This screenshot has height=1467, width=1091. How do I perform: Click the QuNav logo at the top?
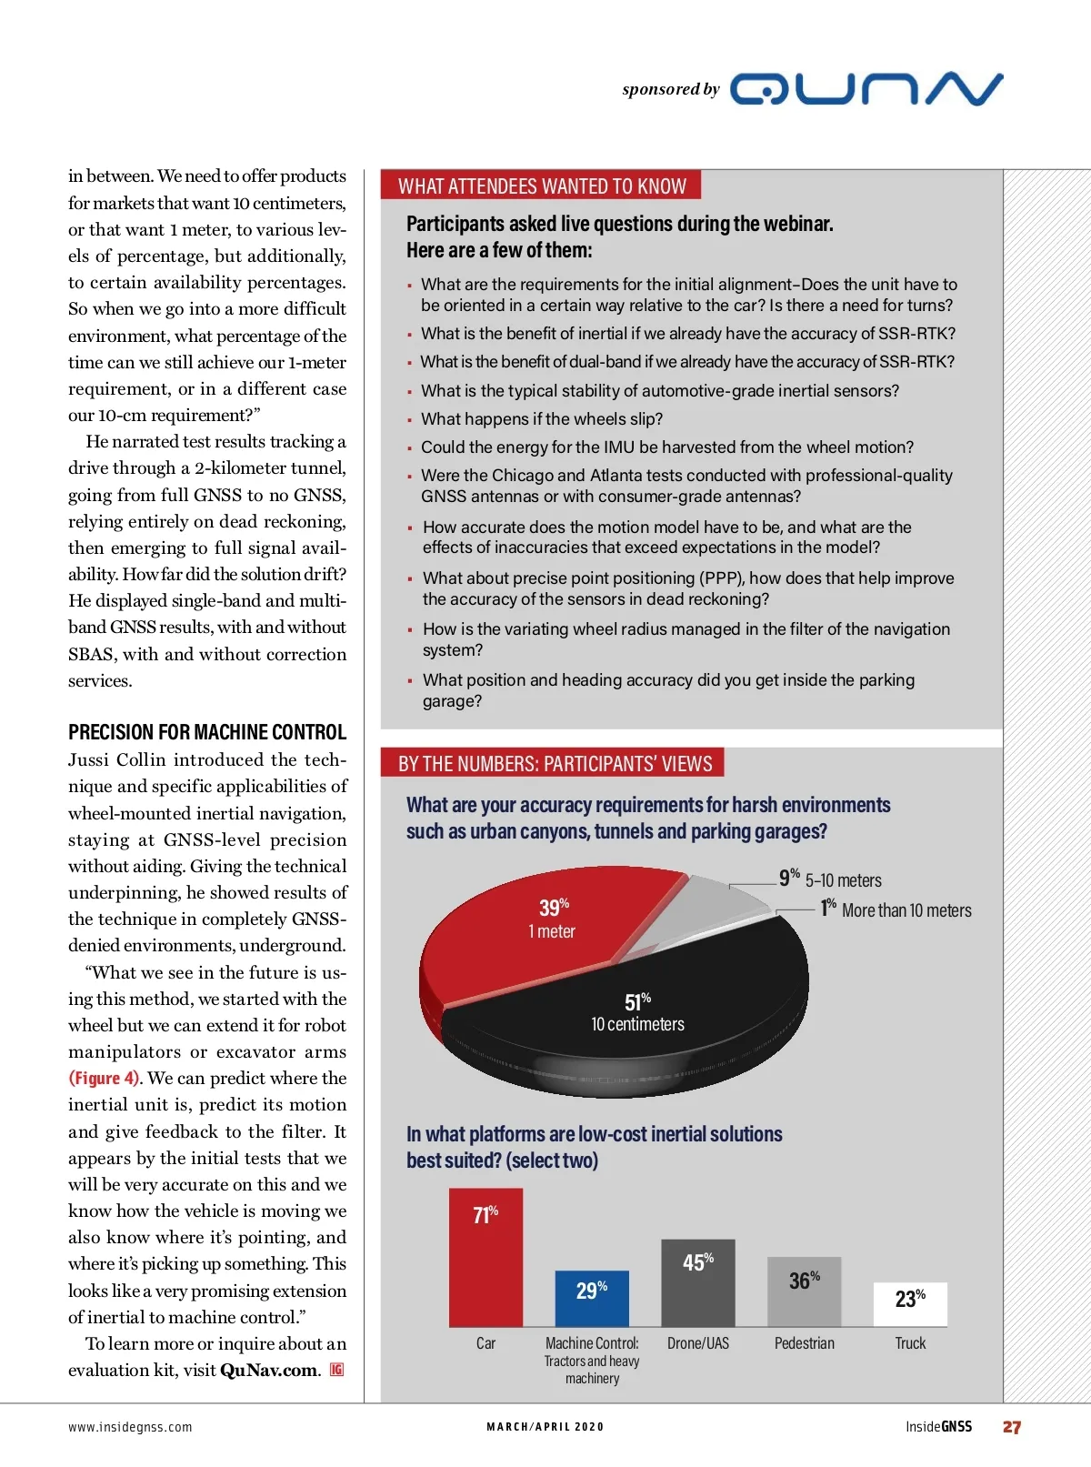point(866,89)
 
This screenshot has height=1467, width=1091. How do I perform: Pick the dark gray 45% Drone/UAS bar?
point(697,1282)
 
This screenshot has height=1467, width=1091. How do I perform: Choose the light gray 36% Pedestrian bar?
point(804,1291)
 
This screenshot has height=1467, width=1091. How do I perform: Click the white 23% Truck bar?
point(910,1304)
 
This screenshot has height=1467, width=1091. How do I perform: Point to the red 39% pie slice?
point(536,937)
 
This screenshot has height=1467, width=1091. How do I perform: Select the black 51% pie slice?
point(655,1010)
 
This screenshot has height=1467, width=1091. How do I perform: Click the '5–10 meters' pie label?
point(843,880)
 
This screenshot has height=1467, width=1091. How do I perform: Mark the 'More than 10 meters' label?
point(906,910)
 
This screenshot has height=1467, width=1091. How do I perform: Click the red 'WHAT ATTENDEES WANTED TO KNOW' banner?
point(542,186)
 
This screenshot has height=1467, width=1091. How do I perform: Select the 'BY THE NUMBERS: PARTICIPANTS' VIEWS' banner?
point(555,763)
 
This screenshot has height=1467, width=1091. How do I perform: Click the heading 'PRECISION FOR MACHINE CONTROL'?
point(207,732)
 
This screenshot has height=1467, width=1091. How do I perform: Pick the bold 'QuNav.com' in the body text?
point(269,1370)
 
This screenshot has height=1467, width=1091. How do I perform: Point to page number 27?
point(1012,1427)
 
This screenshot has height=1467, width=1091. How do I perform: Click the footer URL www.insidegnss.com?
point(130,1427)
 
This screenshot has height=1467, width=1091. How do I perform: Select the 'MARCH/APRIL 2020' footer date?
point(545,1427)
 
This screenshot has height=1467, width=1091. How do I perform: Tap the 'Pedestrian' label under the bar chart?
point(804,1343)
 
